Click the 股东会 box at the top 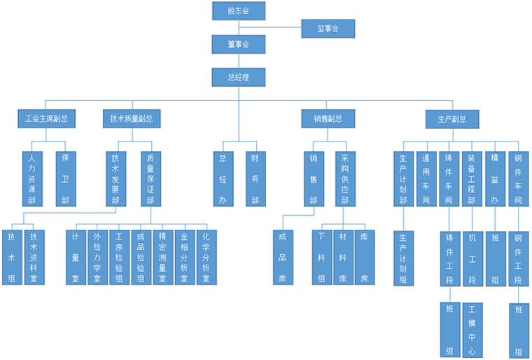[x=239, y=11]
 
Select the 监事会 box [x=328, y=29]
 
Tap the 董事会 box [x=239, y=44]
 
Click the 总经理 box [x=239, y=77]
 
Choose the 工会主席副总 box [x=46, y=119]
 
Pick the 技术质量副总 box [x=131, y=119]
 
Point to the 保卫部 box [x=66, y=179]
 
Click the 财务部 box [x=255, y=179]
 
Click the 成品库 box [x=282, y=257]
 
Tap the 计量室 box [x=76, y=257]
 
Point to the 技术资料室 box [x=34, y=257]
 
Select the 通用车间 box [x=426, y=179]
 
